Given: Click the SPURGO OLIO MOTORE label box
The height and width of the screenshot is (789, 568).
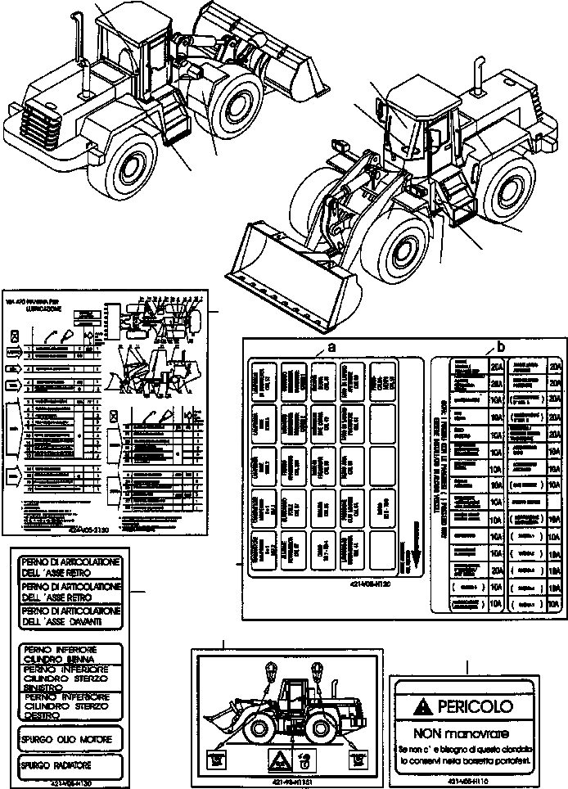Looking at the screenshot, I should (x=68, y=739).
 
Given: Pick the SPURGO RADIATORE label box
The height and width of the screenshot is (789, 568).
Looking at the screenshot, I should (x=68, y=766).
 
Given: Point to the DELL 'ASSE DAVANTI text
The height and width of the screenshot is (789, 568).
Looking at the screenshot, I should (x=69, y=601).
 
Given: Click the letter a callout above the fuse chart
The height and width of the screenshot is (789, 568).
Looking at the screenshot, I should (x=331, y=347).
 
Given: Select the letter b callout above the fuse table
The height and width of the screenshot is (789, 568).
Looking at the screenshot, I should (x=501, y=346).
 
